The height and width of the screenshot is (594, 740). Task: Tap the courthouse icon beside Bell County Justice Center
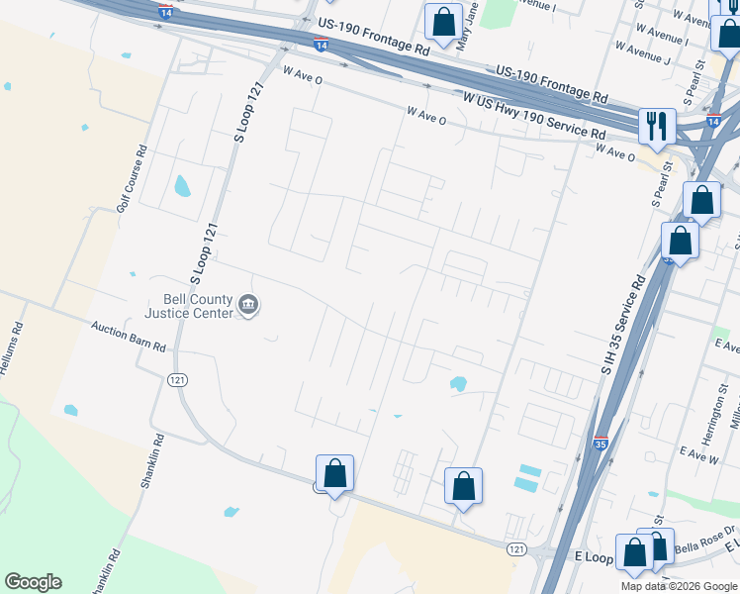(x=248, y=306)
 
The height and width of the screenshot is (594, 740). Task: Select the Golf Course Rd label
(x=130, y=179)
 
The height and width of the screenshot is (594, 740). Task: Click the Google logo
(x=33, y=582)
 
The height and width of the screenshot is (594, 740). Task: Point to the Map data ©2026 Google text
(x=679, y=586)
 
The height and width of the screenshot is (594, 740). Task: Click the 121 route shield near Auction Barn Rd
(x=178, y=380)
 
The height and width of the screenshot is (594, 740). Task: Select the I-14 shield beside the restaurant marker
(x=712, y=121)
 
